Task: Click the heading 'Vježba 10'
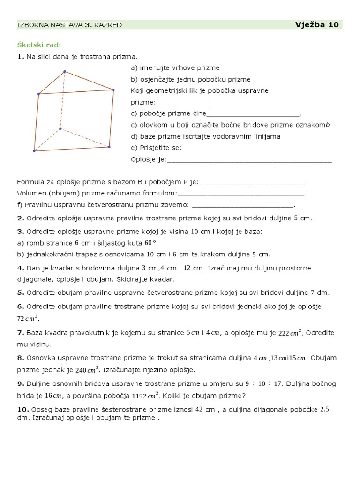point(317,25)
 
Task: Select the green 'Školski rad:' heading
point(39,45)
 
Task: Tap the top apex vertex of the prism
point(65,72)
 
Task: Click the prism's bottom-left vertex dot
point(34,151)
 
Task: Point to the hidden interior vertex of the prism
point(60,128)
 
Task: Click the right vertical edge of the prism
point(111,118)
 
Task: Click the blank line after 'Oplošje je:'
point(249,160)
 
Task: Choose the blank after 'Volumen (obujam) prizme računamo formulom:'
point(241,193)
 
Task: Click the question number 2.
point(20,218)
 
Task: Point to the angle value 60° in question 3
point(150,243)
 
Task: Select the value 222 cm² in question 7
point(290,333)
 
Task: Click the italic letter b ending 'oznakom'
point(328,125)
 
